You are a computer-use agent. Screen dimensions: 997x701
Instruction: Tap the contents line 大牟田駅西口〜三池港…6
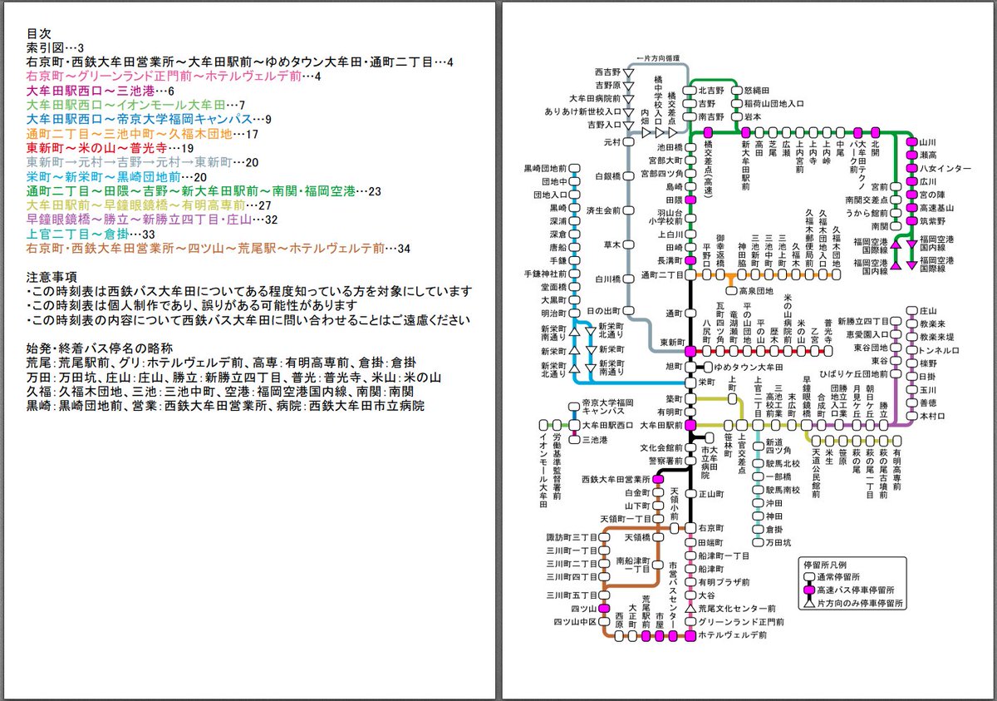click(101, 91)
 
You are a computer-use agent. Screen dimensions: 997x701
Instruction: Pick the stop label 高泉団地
click(756, 291)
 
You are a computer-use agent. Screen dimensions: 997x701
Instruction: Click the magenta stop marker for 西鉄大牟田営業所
click(657, 480)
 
